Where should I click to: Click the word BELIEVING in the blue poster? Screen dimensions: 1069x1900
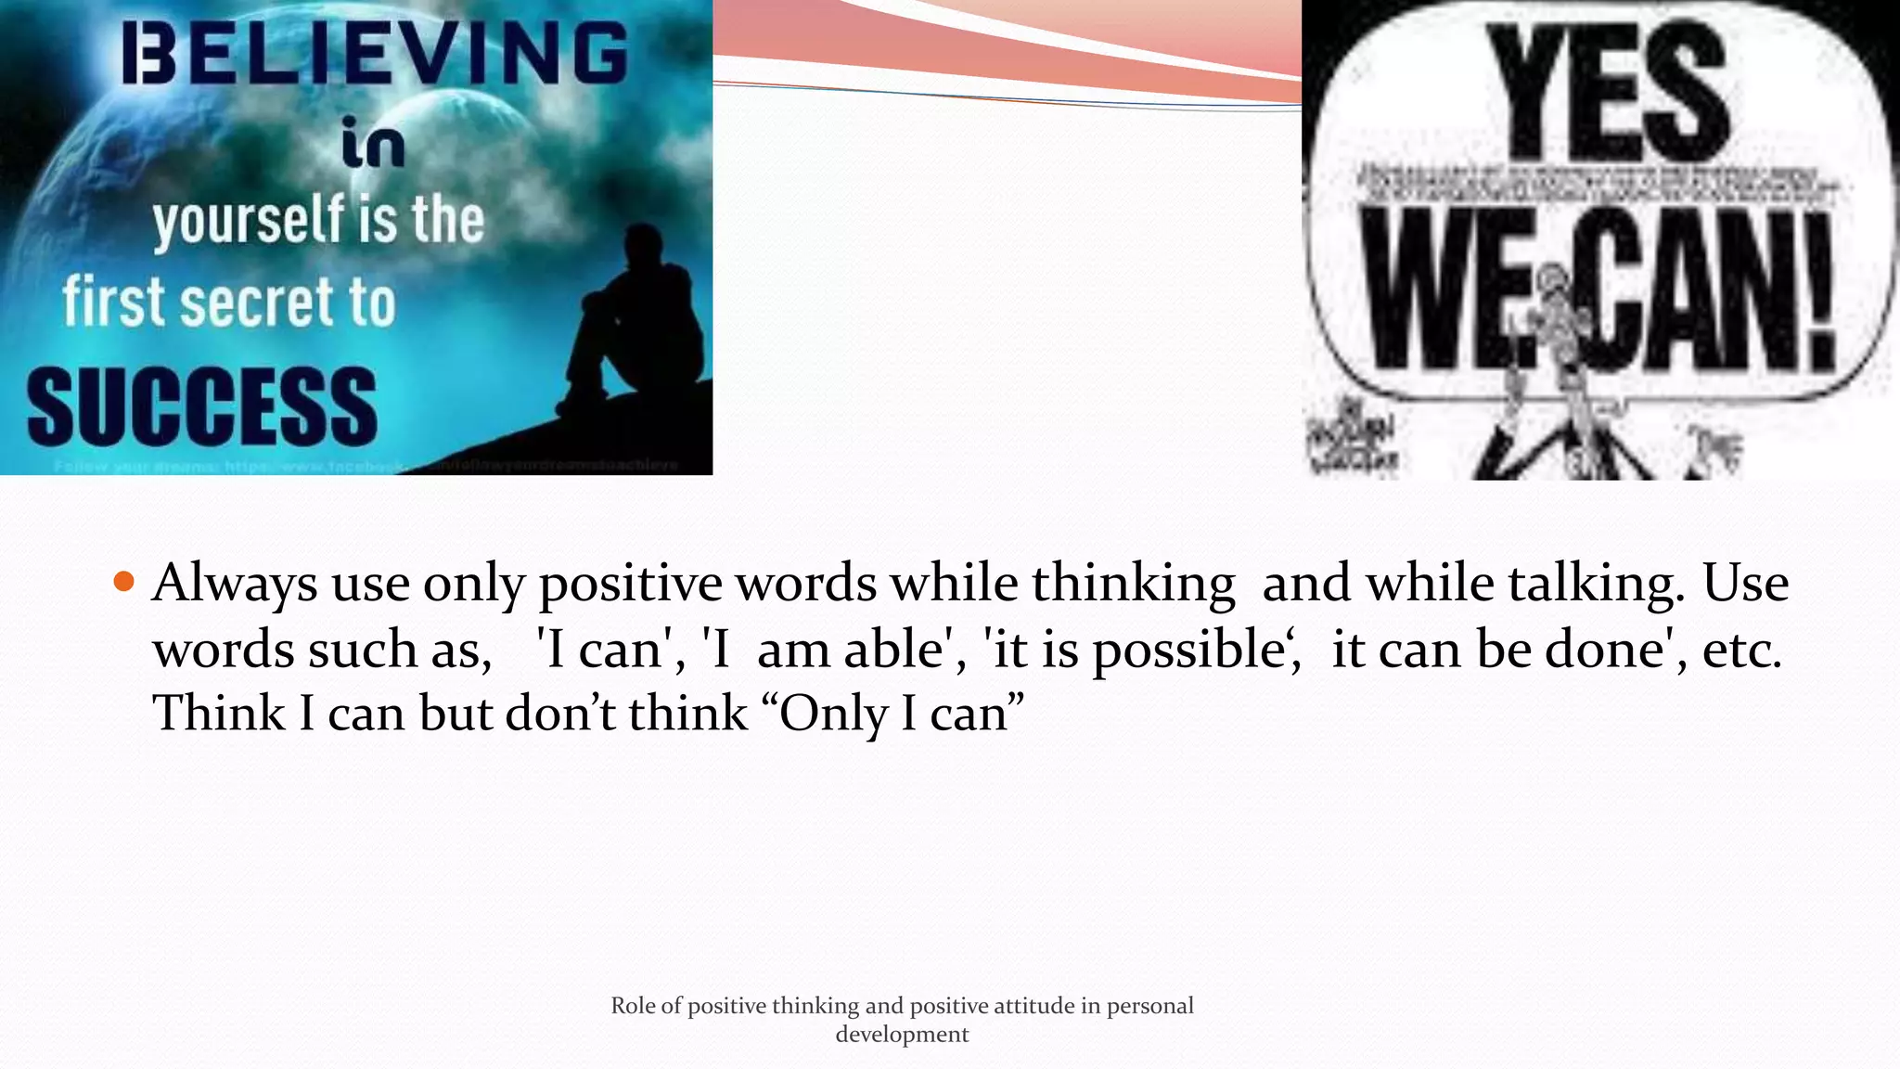tap(375, 54)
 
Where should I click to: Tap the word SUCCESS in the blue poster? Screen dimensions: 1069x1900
tap(202, 406)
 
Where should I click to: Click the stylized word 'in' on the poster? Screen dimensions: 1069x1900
tap(373, 145)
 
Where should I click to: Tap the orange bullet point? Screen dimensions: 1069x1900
tap(123, 583)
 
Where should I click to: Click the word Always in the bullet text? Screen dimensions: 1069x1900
tap(235, 585)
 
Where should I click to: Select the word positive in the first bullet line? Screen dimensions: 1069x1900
tap(630, 585)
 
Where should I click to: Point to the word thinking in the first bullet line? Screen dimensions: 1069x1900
tap(1133, 585)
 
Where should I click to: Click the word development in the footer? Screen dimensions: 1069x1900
tap(902, 1035)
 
